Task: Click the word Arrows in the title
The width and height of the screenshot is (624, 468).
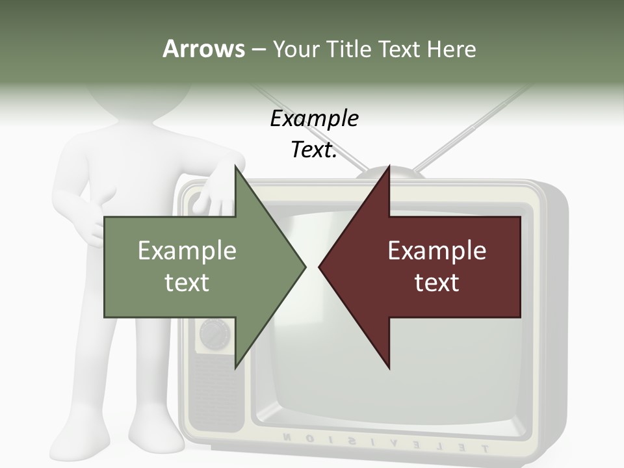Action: tap(203, 49)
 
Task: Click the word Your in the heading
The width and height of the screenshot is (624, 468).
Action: tap(296, 49)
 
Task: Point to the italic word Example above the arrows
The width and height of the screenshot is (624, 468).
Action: tap(314, 119)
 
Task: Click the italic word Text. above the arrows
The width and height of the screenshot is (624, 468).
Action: tap(314, 150)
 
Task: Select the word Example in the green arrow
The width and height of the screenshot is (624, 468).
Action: tap(187, 251)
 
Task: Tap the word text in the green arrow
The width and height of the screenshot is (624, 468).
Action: tap(187, 282)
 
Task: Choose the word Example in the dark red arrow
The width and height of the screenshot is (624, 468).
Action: tap(437, 251)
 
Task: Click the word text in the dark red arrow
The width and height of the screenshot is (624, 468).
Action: tap(437, 282)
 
